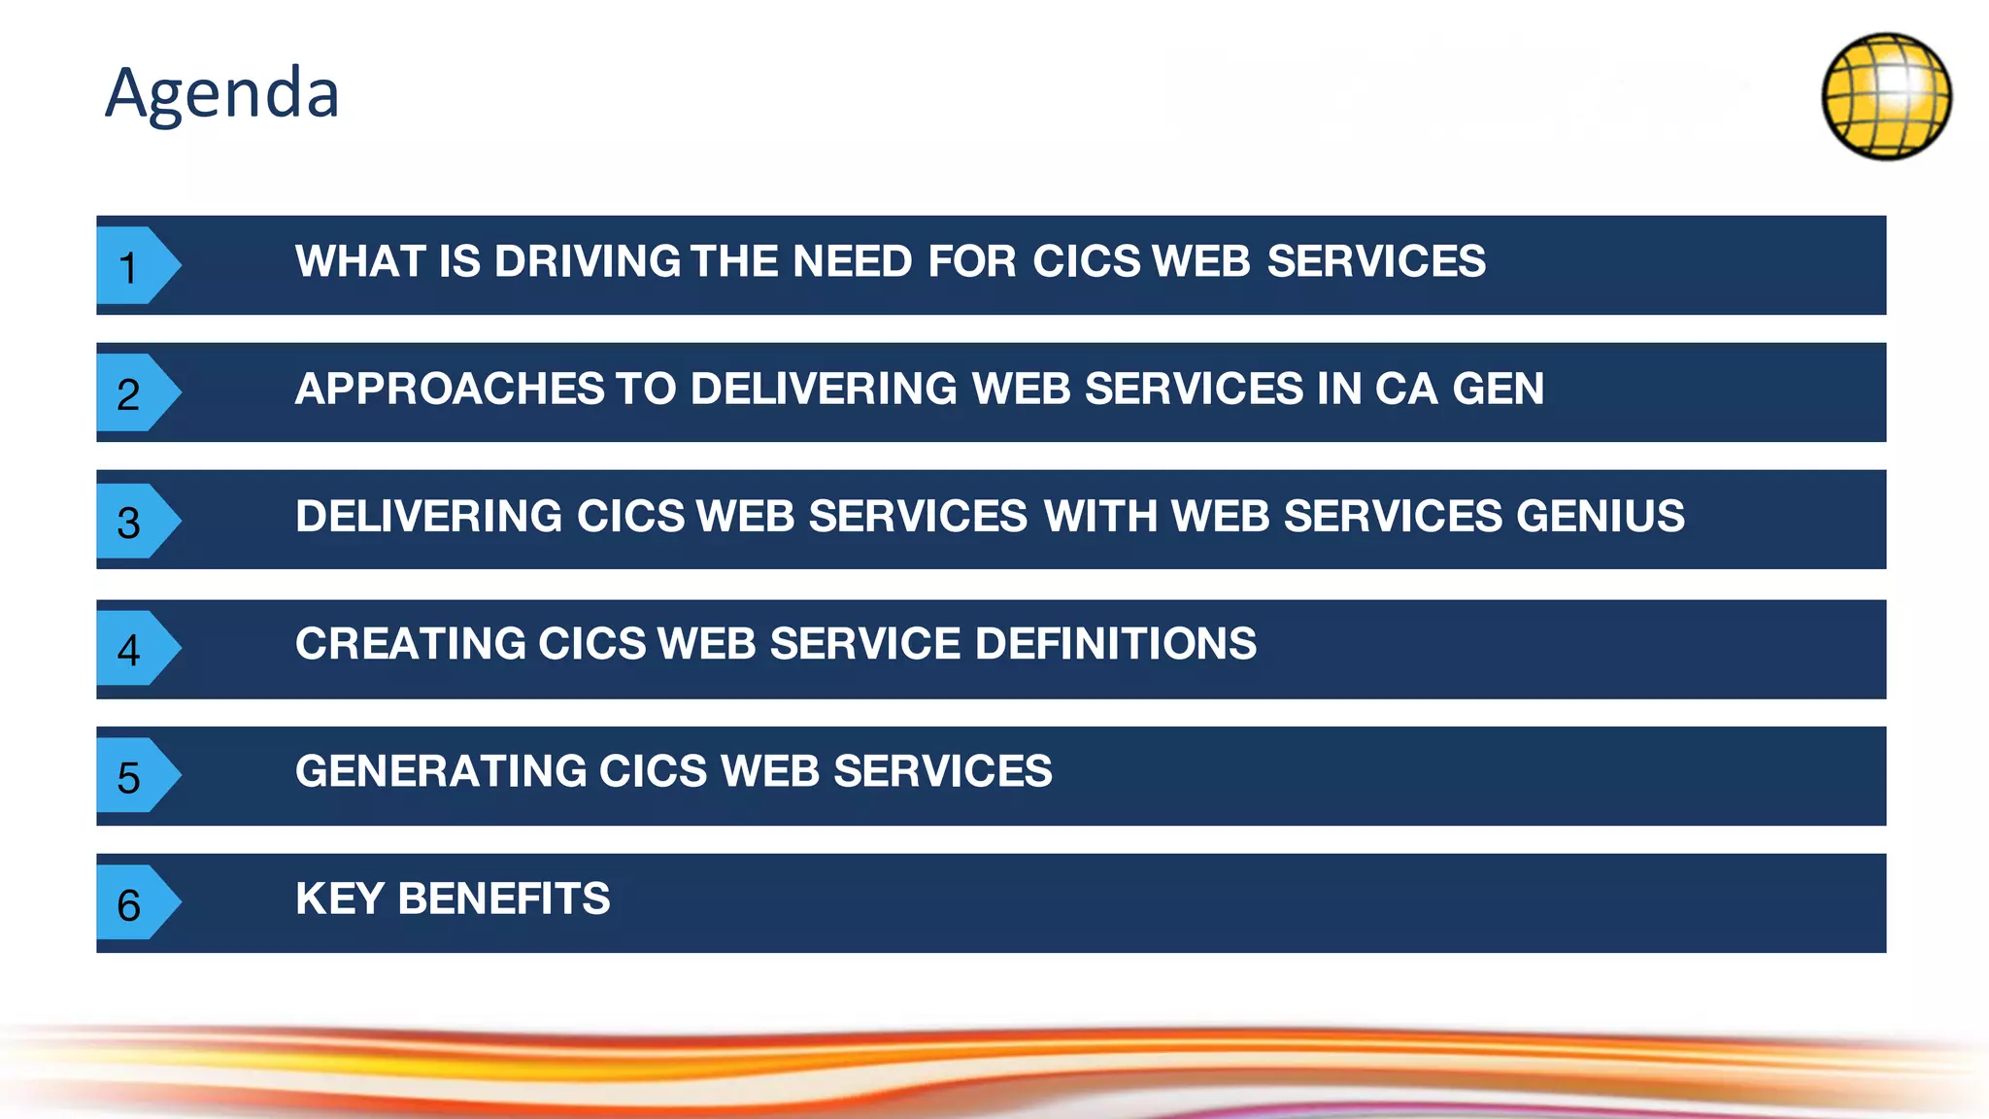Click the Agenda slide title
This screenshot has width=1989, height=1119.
point(222,94)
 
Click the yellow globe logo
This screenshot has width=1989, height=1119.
point(1886,96)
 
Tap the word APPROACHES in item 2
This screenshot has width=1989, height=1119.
point(450,389)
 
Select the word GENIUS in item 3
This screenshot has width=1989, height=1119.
point(1601,516)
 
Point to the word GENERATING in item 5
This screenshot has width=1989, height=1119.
point(441,771)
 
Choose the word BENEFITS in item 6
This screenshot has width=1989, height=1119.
point(504,899)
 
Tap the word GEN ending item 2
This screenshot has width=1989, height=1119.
point(1498,389)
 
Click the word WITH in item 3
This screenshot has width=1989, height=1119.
point(1100,516)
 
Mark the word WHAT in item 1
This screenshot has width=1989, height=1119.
point(360,261)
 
